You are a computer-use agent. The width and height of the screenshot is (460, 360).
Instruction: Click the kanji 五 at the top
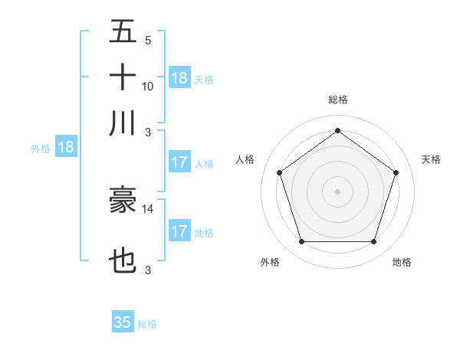[x=123, y=34]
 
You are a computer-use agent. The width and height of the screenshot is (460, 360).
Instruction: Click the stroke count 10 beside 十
[x=148, y=86]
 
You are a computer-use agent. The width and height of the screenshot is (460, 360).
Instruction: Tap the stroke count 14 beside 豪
[x=148, y=208]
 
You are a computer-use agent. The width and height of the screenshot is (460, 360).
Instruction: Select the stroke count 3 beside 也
[x=148, y=270]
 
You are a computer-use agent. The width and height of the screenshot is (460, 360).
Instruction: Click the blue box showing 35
[x=123, y=322]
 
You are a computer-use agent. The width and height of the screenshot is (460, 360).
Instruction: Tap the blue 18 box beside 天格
[x=179, y=78]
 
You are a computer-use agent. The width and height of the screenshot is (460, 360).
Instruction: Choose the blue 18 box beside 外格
[x=66, y=147]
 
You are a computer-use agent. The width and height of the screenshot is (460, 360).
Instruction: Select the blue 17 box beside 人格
[x=179, y=162]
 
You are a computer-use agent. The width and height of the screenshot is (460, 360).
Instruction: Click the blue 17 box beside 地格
[x=179, y=231]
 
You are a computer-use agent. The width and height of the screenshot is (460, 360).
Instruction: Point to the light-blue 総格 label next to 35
[x=147, y=324]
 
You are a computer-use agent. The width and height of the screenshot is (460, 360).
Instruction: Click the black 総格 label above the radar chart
[x=337, y=100]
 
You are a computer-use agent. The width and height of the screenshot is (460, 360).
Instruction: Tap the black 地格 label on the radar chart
[x=402, y=262]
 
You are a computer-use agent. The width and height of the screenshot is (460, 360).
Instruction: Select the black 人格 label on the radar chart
[x=245, y=159]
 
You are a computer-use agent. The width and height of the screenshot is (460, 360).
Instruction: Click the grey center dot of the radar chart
[x=337, y=191]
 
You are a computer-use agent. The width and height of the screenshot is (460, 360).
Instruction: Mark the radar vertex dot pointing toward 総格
[x=337, y=130]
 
